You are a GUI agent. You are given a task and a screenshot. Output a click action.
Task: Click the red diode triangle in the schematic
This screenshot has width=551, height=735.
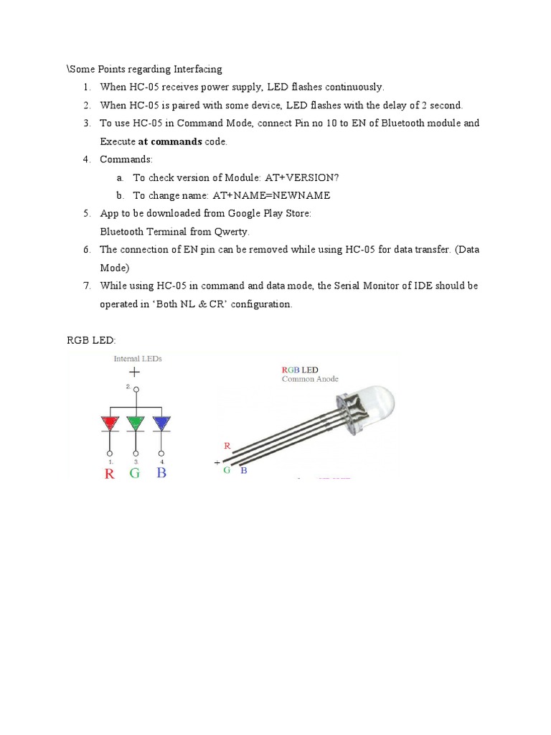110,423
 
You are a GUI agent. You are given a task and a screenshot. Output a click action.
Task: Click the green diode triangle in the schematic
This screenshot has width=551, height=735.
136,423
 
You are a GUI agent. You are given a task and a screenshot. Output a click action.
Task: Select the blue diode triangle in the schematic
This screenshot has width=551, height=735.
161,423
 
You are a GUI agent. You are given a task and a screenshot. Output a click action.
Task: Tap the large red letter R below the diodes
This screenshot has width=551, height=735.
110,473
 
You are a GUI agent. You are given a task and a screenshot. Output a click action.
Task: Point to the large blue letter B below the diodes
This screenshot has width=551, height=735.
161,473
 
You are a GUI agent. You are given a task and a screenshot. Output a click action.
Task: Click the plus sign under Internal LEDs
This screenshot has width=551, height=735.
134,372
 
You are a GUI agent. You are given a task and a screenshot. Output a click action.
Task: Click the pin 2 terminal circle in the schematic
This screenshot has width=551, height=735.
136,391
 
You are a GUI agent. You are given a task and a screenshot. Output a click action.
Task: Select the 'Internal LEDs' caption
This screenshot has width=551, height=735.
138,358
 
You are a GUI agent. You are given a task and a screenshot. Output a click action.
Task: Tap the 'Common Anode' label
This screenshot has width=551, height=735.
310,379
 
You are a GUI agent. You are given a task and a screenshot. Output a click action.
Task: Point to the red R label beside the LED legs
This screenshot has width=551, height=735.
227,446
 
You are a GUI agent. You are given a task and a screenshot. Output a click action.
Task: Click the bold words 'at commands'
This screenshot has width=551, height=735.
170,141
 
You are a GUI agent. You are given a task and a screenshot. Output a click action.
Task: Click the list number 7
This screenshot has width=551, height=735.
86,286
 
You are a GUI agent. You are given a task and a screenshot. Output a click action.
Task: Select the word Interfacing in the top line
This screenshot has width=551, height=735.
198,69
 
